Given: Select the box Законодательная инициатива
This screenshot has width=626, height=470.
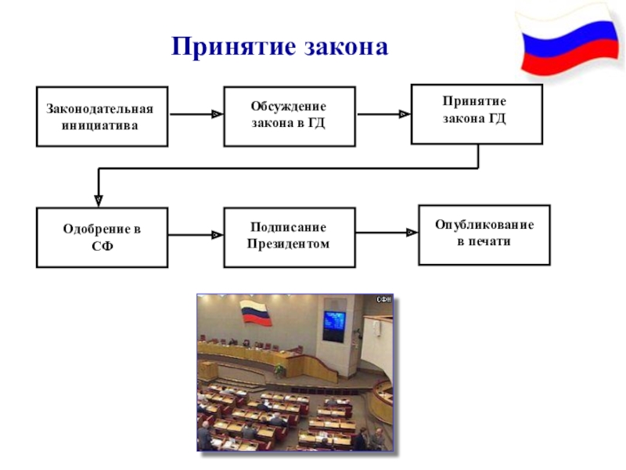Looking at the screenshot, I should tap(102, 117).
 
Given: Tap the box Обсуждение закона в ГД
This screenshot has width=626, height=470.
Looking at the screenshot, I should tap(289, 117).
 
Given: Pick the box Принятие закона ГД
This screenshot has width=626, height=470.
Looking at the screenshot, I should tap(476, 114).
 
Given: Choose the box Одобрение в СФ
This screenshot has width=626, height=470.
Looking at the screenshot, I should tap(102, 237).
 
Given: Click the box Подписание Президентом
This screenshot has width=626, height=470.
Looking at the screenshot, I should tap(289, 237).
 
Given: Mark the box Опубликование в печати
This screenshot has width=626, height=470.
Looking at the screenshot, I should tap(484, 234).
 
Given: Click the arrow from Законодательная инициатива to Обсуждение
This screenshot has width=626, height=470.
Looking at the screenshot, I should tap(196, 114).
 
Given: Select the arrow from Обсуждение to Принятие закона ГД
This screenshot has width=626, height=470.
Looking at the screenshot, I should tap(383, 114).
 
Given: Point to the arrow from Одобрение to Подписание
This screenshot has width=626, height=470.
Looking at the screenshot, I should tap(196, 234).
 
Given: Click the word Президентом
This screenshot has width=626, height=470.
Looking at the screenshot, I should tap(289, 244).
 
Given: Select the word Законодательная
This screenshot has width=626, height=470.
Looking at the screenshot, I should tap(99, 110).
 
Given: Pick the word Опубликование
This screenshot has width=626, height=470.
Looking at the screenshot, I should tap(484, 226).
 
